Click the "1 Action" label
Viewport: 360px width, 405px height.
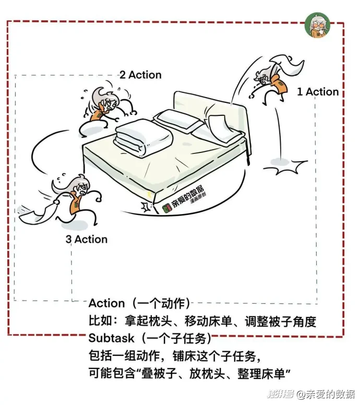[318, 92]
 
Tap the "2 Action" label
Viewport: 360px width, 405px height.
[141, 75]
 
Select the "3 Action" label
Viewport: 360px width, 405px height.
[87, 240]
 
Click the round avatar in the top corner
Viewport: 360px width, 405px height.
[317, 25]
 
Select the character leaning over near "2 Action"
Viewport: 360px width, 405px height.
[109, 106]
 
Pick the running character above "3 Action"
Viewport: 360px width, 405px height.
[77, 199]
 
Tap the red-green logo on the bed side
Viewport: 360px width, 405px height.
[167, 208]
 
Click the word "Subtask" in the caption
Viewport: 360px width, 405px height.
[111, 338]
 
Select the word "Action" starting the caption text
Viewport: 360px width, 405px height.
[106, 303]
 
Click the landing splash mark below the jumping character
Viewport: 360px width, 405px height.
[285, 167]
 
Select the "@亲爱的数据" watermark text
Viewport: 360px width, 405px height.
[326, 394]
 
